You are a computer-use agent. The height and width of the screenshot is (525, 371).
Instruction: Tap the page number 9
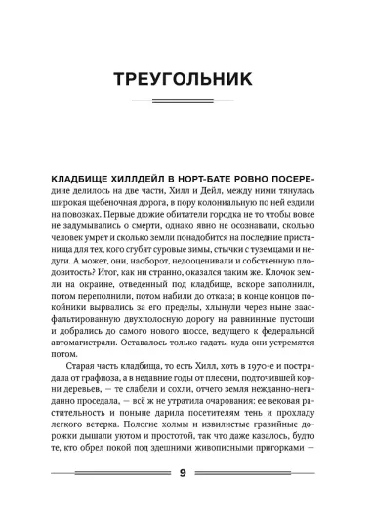185,501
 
